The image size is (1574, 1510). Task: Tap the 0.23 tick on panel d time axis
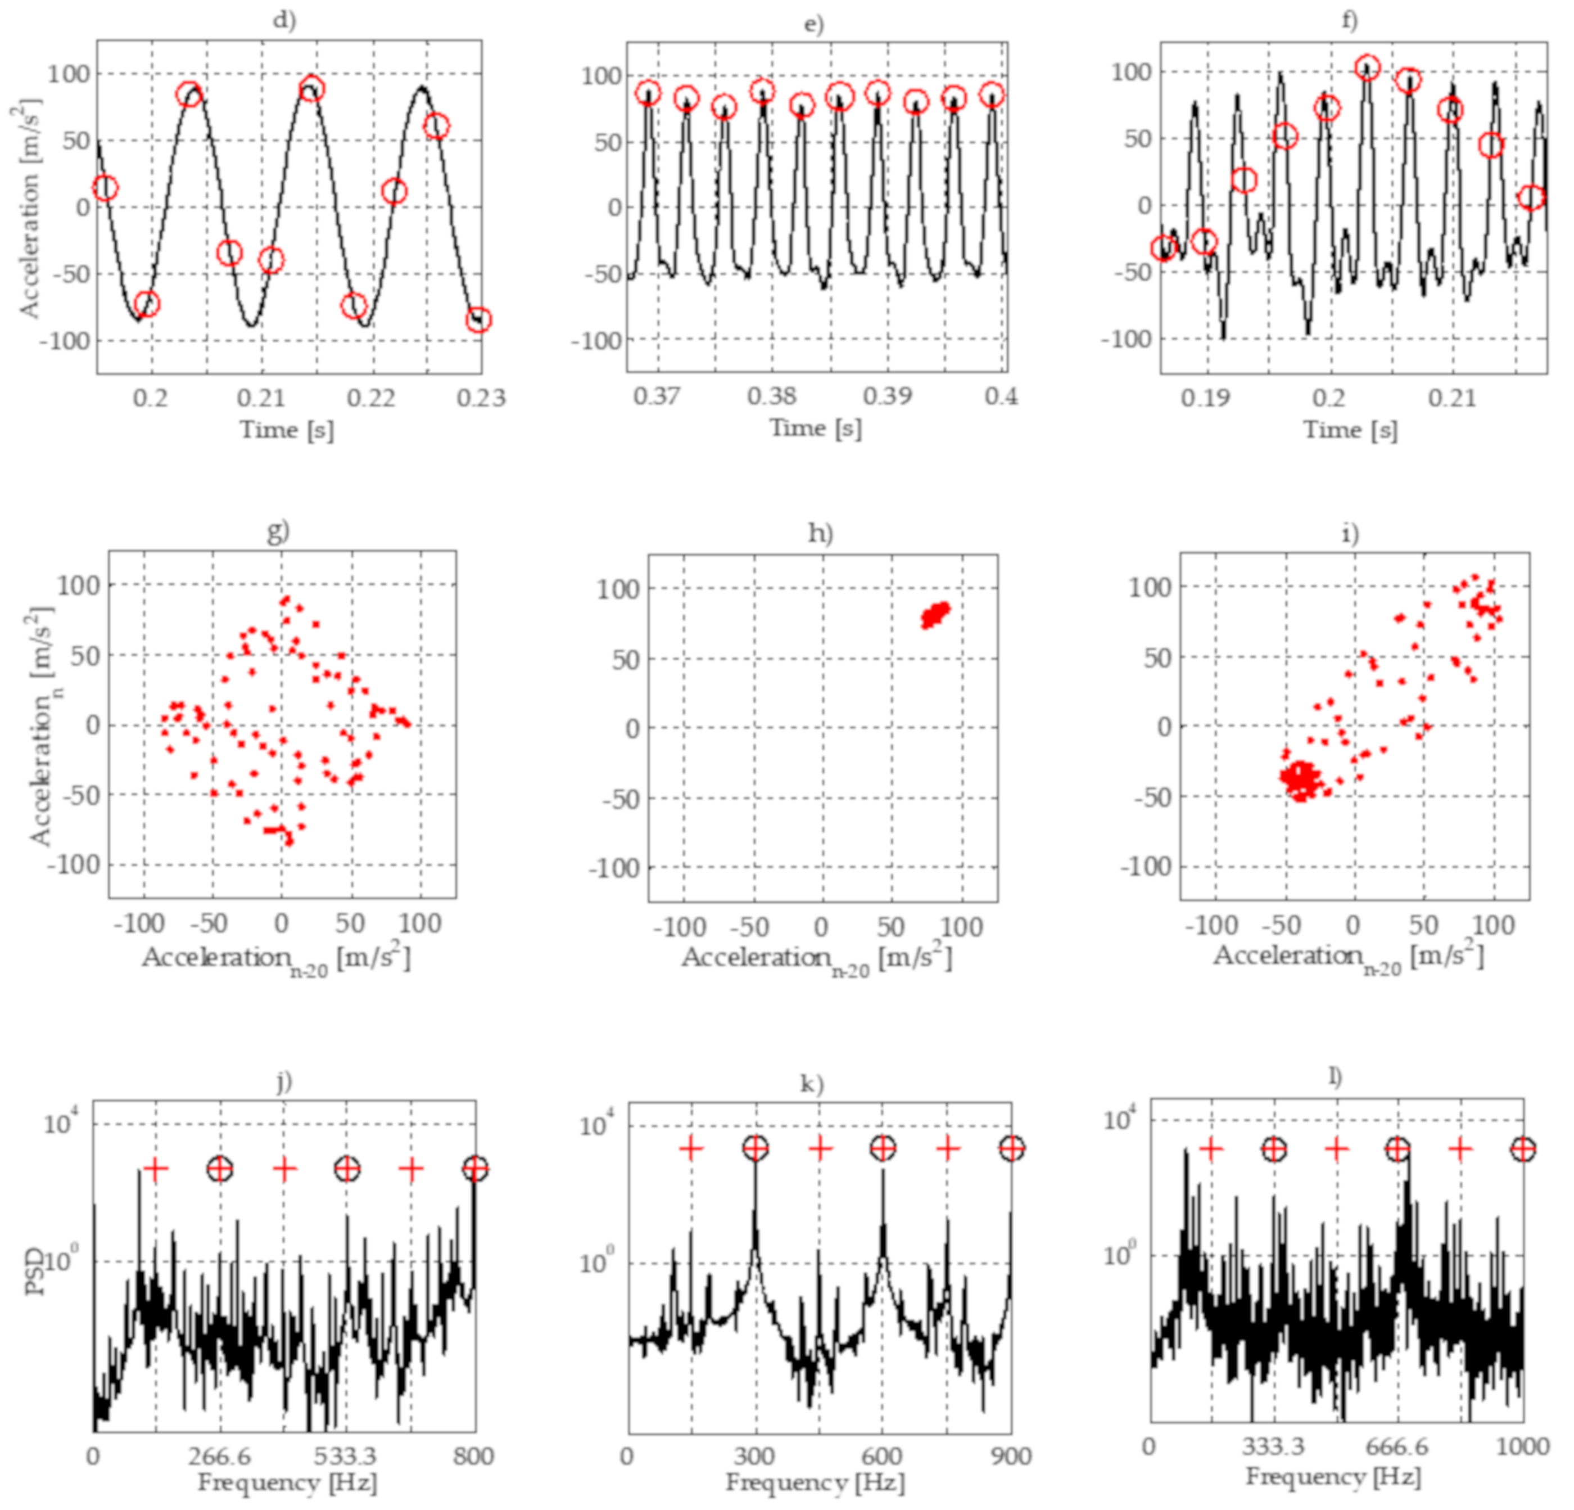[481, 398]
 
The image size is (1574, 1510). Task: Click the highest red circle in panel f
[1368, 67]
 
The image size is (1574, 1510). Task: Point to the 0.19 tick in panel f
[1205, 398]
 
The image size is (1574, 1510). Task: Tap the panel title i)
[1351, 533]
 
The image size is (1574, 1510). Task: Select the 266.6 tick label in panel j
[219, 1456]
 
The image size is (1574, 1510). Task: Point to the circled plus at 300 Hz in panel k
[755, 1148]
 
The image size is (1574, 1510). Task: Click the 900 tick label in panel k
[1010, 1456]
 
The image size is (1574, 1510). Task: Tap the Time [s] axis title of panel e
[815, 428]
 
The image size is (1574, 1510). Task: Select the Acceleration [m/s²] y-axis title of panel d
[29, 209]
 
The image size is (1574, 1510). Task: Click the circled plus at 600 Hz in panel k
[883, 1148]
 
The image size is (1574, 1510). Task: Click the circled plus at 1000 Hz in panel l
[1523, 1150]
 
